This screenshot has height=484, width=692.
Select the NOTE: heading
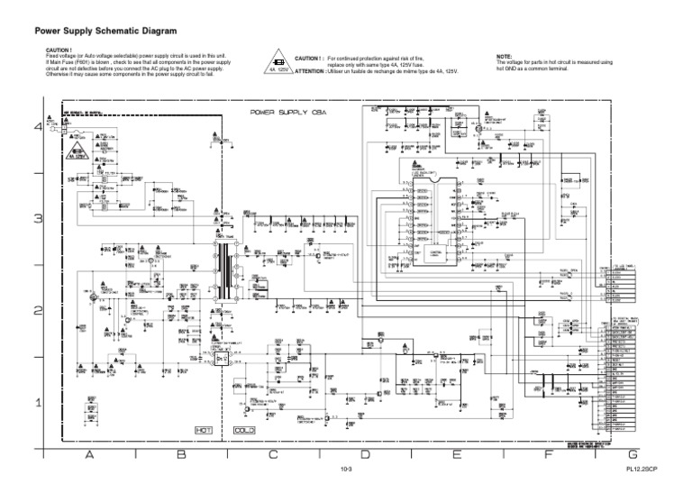[505, 56]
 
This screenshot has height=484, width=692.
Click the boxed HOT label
[203, 430]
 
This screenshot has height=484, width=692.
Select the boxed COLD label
[244, 430]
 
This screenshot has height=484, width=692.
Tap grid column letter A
[89, 456]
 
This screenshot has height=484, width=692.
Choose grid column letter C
[273, 456]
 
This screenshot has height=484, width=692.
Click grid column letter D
[365, 456]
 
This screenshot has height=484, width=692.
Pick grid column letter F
[548, 456]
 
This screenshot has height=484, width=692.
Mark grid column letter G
[633, 456]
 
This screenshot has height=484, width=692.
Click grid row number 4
[38, 127]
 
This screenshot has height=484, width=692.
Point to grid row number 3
[38, 218]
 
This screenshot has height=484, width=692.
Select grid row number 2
[38, 311]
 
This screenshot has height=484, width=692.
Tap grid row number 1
[38, 403]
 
